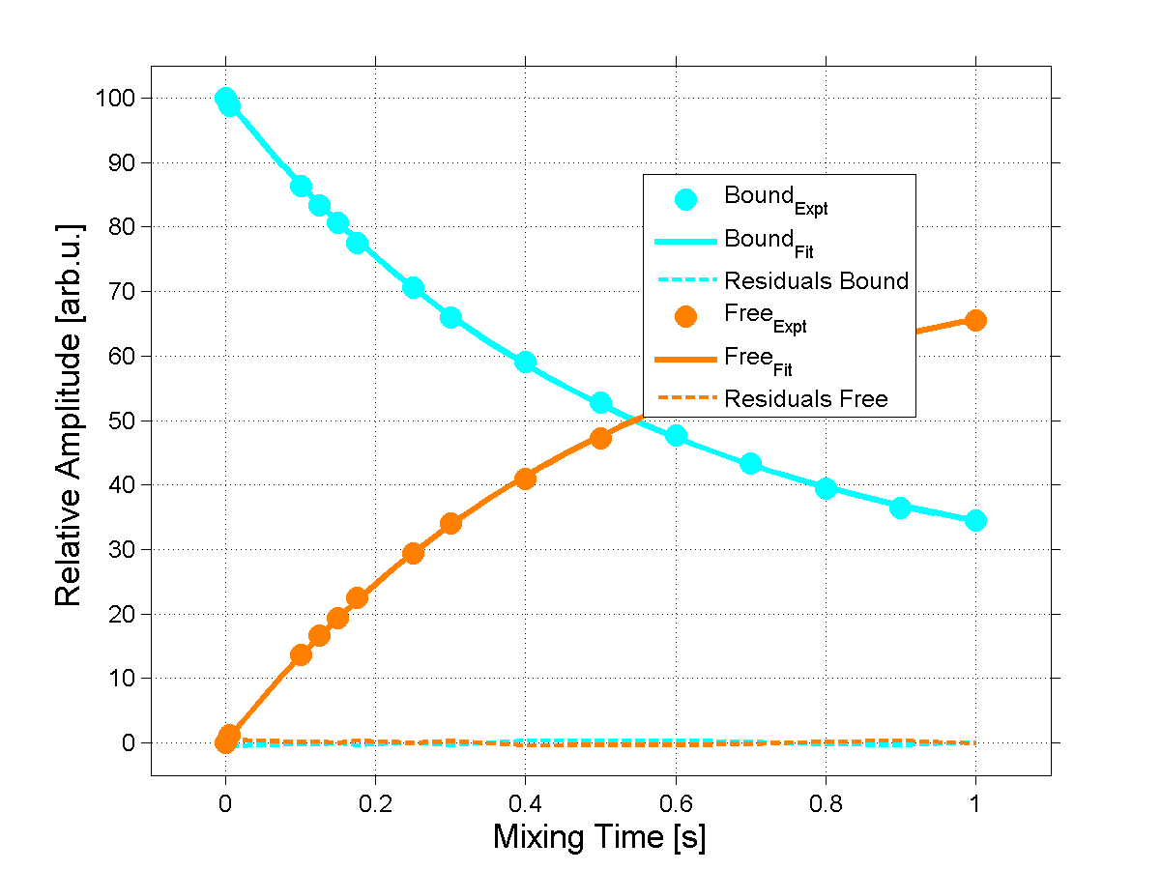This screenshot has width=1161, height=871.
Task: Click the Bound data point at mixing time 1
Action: tap(975, 520)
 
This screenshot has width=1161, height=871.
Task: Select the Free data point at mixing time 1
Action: tap(975, 320)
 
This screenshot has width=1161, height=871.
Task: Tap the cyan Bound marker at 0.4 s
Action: tap(525, 362)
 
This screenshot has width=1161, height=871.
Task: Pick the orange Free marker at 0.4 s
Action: tap(525, 479)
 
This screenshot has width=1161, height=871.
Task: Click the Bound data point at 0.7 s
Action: tap(750, 464)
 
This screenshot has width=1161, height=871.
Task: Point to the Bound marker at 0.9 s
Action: tap(900, 508)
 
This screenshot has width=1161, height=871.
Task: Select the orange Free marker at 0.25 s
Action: tap(413, 553)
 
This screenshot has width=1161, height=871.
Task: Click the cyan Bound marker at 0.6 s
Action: tap(676, 436)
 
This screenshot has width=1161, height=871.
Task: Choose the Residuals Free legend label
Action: tap(806, 399)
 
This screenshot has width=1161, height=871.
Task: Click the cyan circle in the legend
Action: tap(685, 199)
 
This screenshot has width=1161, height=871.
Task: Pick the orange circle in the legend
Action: tap(685, 316)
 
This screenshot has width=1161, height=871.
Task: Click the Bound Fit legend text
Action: tap(769, 241)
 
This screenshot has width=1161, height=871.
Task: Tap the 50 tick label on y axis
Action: tap(123, 421)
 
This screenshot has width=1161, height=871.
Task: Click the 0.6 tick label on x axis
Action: tap(675, 802)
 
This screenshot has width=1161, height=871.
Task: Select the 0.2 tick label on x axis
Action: tap(375, 802)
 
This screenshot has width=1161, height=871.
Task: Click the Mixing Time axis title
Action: tap(599, 837)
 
